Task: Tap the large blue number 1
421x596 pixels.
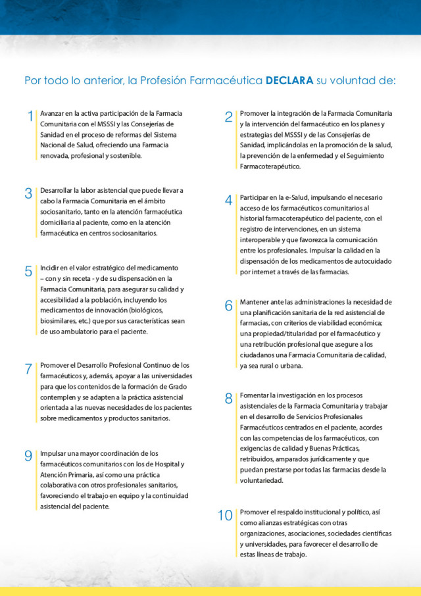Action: [x=30, y=116]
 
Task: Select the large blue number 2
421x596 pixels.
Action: [x=228, y=117]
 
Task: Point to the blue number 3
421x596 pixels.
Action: [x=28, y=193]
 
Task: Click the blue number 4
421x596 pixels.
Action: [x=228, y=201]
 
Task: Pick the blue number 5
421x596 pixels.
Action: [x=28, y=271]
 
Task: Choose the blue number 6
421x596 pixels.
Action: [x=228, y=305]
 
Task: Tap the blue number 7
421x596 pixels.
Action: [x=28, y=368]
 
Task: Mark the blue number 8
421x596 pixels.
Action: [x=228, y=398]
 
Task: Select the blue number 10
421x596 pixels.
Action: [x=225, y=515]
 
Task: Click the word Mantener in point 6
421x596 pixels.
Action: [x=255, y=302]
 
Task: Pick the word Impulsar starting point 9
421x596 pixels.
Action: [x=53, y=453]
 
